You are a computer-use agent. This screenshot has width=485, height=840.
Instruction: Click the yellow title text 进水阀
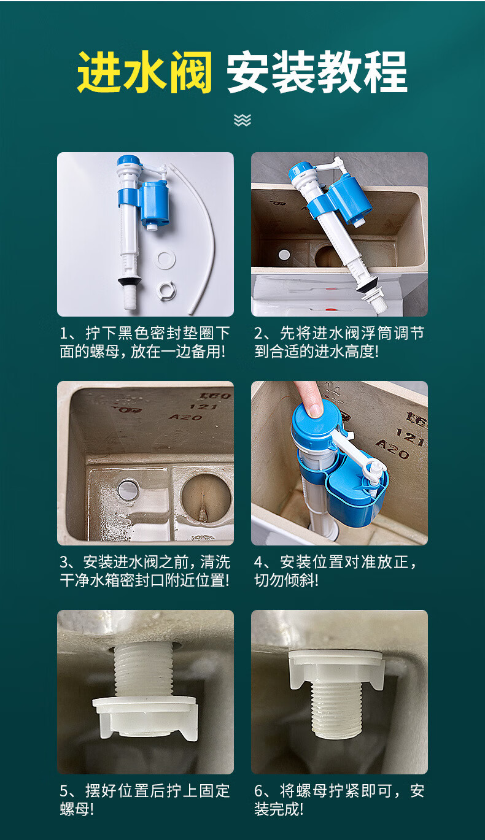click(145, 72)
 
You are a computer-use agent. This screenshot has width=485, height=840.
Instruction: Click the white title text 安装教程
click(317, 72)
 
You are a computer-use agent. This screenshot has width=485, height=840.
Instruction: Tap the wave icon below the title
click(243, 120)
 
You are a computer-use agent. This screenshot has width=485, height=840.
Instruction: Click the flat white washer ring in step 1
click(165, 260)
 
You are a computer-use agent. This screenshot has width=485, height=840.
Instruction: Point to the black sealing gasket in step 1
click(130, 280)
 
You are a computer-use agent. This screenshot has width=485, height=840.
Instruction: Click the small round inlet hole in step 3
click(128, 489)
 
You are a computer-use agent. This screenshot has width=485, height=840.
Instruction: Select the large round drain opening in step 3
click(206, 497)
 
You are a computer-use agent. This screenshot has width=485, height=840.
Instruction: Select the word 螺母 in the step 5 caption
click(72, 809)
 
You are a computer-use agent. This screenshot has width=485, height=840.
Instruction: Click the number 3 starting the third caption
click(64, 562)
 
